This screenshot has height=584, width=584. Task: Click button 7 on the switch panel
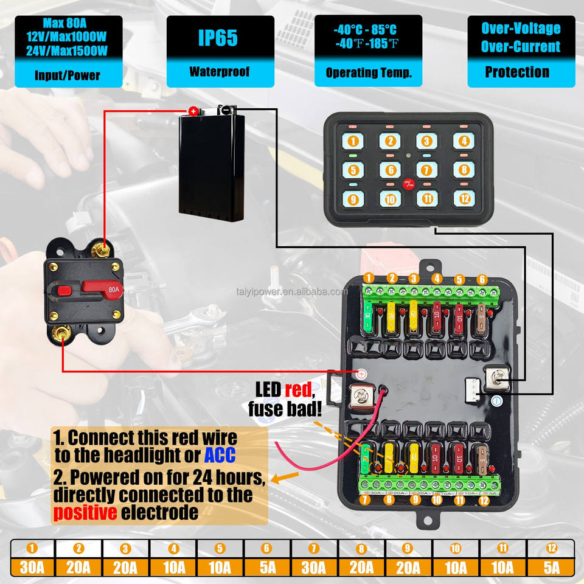426,170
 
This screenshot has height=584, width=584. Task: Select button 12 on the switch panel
463,198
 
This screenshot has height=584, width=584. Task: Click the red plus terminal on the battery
193,111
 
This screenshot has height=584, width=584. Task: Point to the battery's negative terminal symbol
225,110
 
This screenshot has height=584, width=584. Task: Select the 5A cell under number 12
551,568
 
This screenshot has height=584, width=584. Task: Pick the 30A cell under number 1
32,568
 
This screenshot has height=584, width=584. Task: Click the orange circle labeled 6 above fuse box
482,279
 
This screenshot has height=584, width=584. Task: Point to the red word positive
85,512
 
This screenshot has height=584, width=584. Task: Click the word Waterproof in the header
220,72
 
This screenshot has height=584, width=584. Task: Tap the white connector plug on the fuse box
472,388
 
